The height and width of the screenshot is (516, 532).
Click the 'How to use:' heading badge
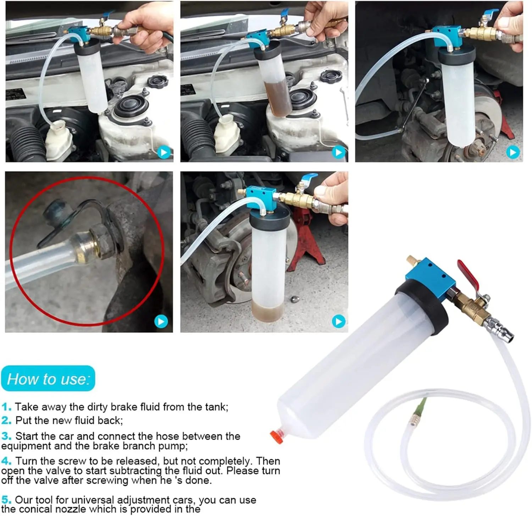tap(48, 379)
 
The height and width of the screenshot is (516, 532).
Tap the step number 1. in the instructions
tap(6, 407)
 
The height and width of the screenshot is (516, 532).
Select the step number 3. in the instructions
tap(6, 436)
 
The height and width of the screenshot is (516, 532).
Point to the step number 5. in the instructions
tap(6, 500)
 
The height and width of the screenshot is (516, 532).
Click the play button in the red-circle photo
tap(161, 322)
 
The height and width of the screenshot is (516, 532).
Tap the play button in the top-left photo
tap(164, 153)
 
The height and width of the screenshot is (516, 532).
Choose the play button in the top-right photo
tap(512, 153)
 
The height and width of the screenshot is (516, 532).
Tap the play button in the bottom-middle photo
tap(338, 322)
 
